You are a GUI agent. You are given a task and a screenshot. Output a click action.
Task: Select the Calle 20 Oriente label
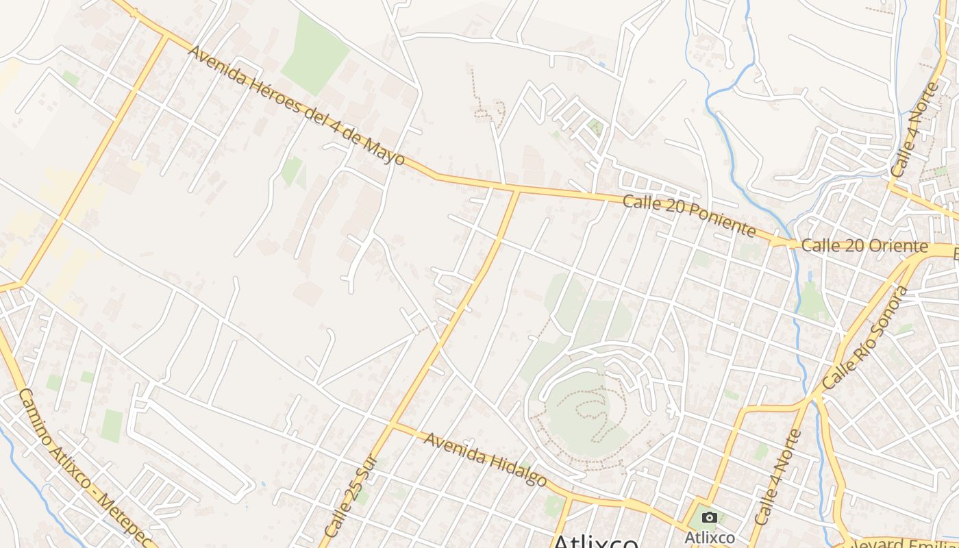tap(864, 246)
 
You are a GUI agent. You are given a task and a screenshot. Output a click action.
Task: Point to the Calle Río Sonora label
tap(866, 338)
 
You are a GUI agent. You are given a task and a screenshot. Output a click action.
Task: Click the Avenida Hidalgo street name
tap(485, 458)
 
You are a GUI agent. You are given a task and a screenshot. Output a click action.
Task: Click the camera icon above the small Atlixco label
tap(710, 518)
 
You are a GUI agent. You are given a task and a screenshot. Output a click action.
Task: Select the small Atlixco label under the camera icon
tap(710, 538)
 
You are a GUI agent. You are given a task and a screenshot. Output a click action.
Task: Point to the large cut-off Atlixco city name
tap(595, 541)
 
